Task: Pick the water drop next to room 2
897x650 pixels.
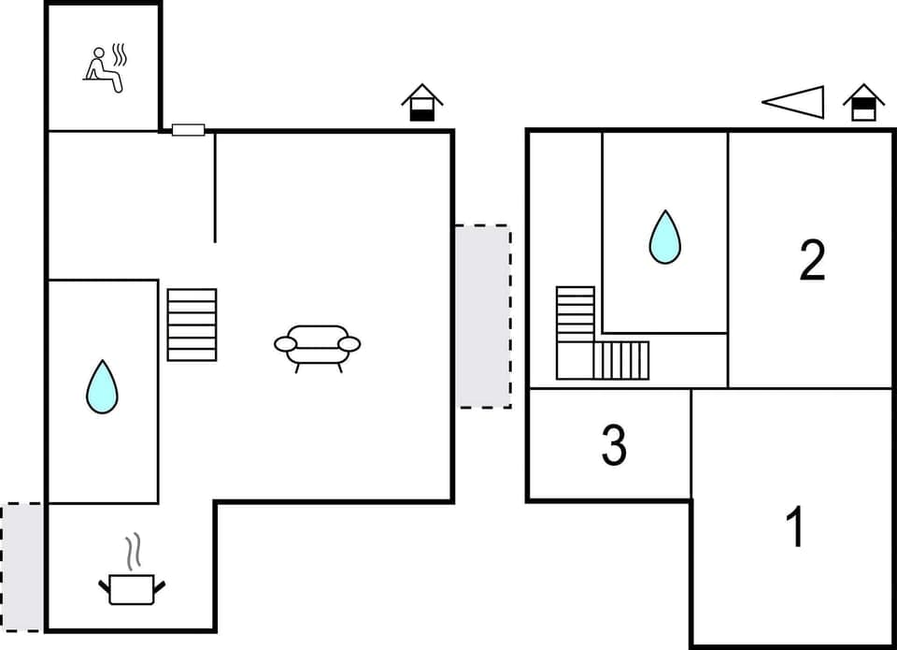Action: coord(664,237)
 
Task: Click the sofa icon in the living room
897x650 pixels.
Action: coord(318,347)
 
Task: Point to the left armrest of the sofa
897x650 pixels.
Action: coord(285,344)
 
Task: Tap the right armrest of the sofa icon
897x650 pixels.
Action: coord(349,344)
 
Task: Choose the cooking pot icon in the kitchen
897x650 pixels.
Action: coord(131,588)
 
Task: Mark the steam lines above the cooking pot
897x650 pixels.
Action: coord(133,552)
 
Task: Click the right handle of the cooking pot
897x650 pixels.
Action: coord(159,585)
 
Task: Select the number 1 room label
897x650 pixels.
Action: coord(795,527)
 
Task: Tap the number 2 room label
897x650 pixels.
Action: coord(812,261)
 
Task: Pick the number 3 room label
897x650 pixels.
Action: coord(613,446)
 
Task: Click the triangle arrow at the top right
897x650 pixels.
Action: coord(796,102)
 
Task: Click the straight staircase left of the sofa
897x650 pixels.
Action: coord(192,325)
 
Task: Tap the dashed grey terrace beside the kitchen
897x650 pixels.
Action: coord(21,566)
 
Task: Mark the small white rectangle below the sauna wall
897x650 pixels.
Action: coord(188,130)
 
